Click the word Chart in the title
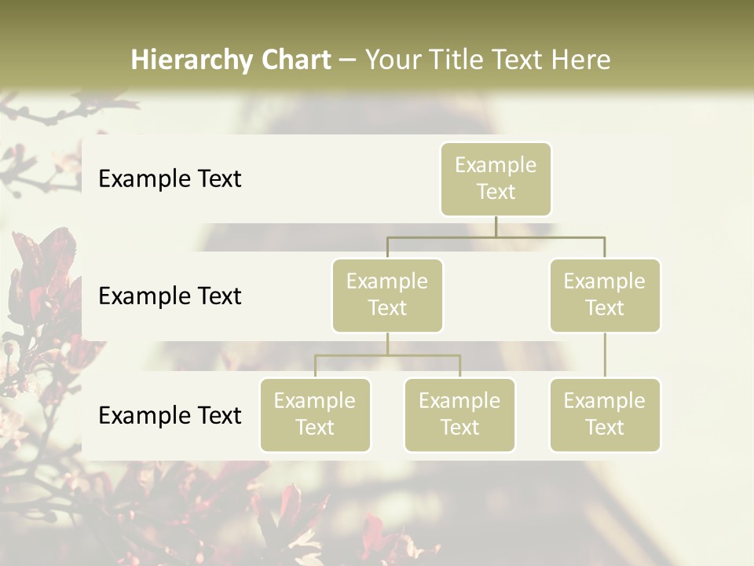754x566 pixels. pos(296,61)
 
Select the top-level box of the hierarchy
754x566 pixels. pos(496,179)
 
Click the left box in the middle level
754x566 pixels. pos(387,296)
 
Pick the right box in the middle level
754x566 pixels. pos(605,296)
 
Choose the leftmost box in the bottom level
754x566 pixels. pos(315,415)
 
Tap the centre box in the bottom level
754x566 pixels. pos(459,415)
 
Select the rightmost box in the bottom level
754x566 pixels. pos(605,415)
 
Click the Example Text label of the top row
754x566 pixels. pos(170,179)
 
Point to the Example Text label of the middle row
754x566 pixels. pos(170,296)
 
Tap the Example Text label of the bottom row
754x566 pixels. pos(170,415)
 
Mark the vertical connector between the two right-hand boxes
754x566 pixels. pos(605,355)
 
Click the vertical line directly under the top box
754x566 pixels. pos(496,226)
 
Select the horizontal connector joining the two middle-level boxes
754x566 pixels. pos(496,237)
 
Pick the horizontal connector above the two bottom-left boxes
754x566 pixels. pos(387,355)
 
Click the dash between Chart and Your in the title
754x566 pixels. pos(348,61)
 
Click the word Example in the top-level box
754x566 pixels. pos(496,165)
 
